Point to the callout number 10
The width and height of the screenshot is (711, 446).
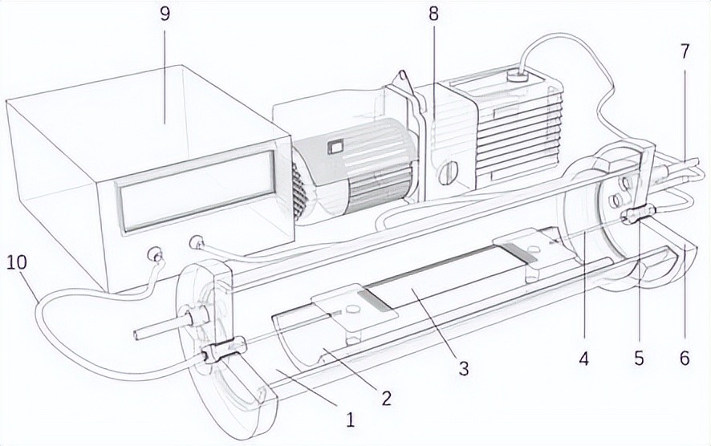[15, 262]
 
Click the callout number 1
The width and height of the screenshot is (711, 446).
[349, 418]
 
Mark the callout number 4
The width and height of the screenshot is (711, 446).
[584, 359]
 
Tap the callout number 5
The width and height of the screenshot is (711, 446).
[639, 359]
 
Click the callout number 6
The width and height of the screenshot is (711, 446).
[685, 359]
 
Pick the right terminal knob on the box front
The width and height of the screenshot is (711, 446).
[195, 241]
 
